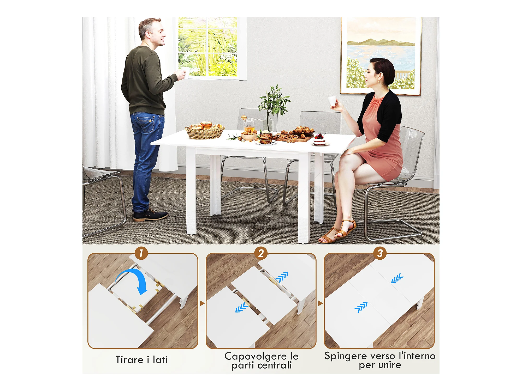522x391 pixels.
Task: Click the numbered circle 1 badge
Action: (x=141, y=253)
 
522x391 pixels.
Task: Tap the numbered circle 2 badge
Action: (x=261, y=253)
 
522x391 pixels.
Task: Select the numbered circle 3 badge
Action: (x=380, y=253)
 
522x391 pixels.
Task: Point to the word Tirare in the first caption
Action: (x=129, y=360)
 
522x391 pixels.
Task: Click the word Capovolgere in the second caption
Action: (x=256, y=356)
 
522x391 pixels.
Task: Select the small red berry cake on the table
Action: (x=319, y=140)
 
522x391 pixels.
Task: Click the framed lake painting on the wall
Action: (x=381, y=56)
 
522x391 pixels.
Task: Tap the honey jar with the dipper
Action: (x=249, y=124)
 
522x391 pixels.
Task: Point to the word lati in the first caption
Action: (x=160, y=360)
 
